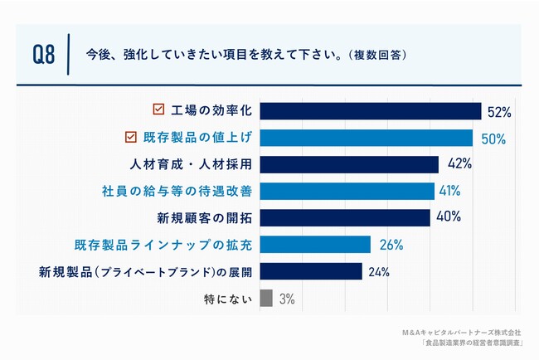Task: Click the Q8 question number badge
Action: pos(44,56)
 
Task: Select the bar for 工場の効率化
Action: pos(371,111)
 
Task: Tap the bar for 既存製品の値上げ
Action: pos(367,138)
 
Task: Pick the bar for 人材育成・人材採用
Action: pos(349,164)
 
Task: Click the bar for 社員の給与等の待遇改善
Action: pos(347,191)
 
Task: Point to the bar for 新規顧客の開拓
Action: pos(345,218)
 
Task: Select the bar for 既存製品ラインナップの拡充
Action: pos(315,245)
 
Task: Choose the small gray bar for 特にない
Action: pos(266,298)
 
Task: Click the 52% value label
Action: pos(499,111)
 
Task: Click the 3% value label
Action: pos(286,299)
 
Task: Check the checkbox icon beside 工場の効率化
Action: pos(158,110)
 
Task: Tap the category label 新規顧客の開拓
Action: pos(204,218)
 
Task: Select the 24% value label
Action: pos(380,271)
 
